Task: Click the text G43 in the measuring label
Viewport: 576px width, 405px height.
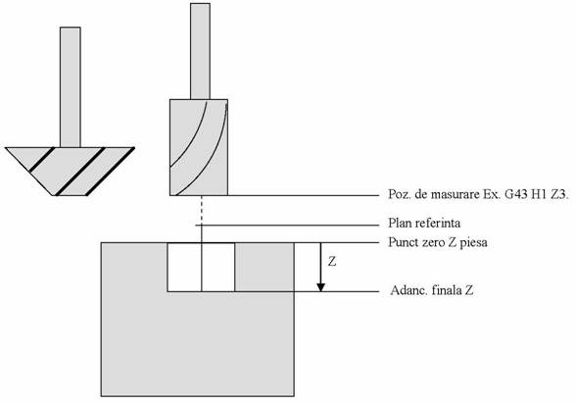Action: click(515, 194)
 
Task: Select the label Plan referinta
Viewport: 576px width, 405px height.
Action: click(424, 223)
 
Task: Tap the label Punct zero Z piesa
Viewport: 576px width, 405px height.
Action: click(438, 242)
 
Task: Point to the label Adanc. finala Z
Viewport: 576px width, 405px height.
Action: click(432, 290)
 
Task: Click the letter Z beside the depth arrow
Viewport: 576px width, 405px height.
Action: click(332, 262)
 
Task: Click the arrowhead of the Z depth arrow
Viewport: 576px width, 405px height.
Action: click(321, 287)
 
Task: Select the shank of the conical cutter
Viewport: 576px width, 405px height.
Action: click(71, 87)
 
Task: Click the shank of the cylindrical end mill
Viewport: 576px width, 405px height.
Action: click(200, 52)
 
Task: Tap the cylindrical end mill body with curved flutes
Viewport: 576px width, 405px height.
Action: click(199, 147)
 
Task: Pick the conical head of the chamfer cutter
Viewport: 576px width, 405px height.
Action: click(70, 171)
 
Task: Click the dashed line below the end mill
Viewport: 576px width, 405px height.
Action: click(202, 210)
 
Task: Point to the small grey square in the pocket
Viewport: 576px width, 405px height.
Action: click(264, 267)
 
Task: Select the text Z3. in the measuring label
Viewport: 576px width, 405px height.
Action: click(560, 194)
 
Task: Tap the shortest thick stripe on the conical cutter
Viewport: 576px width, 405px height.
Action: click(42, 159)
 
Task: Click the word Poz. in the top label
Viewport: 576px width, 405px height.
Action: click(398, 194)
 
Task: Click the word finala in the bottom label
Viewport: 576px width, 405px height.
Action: click(447, 290)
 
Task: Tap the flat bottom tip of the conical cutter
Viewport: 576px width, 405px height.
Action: click(71, 195)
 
